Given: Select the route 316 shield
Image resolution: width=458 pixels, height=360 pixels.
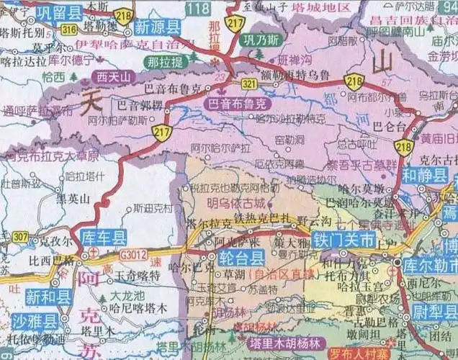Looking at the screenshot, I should [69, 29].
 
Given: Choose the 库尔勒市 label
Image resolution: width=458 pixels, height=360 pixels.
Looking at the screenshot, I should [431, 264].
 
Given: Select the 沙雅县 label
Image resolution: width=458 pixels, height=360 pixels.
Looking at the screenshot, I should [34, 321].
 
